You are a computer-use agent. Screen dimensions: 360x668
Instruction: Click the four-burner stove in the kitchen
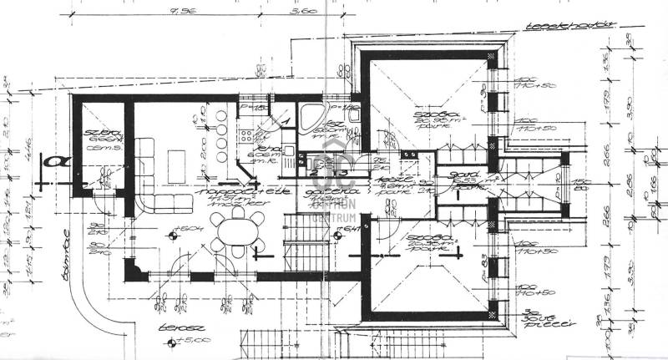[x=245, y=137]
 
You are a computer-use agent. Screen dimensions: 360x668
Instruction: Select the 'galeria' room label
[x=321, y=191]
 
